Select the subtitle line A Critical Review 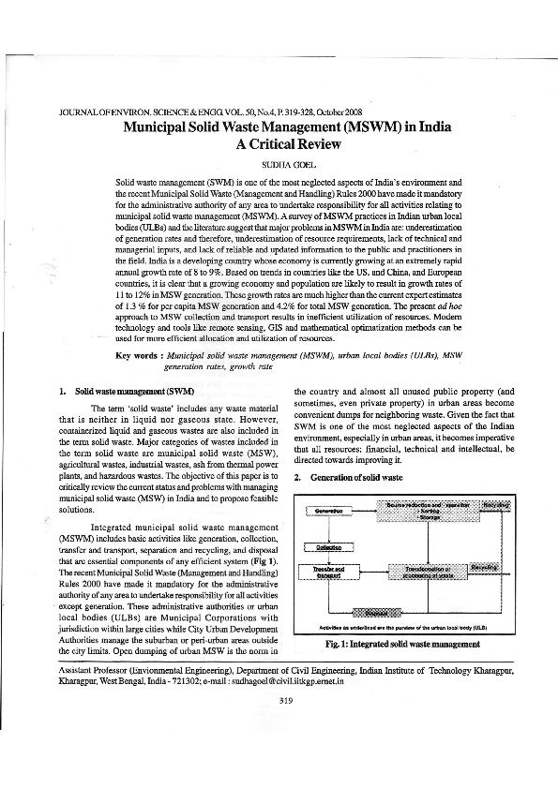coord(279,144)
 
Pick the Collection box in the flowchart coord(329,546)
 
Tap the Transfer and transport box coord(329,571)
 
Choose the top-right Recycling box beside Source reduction coord(495,506)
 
